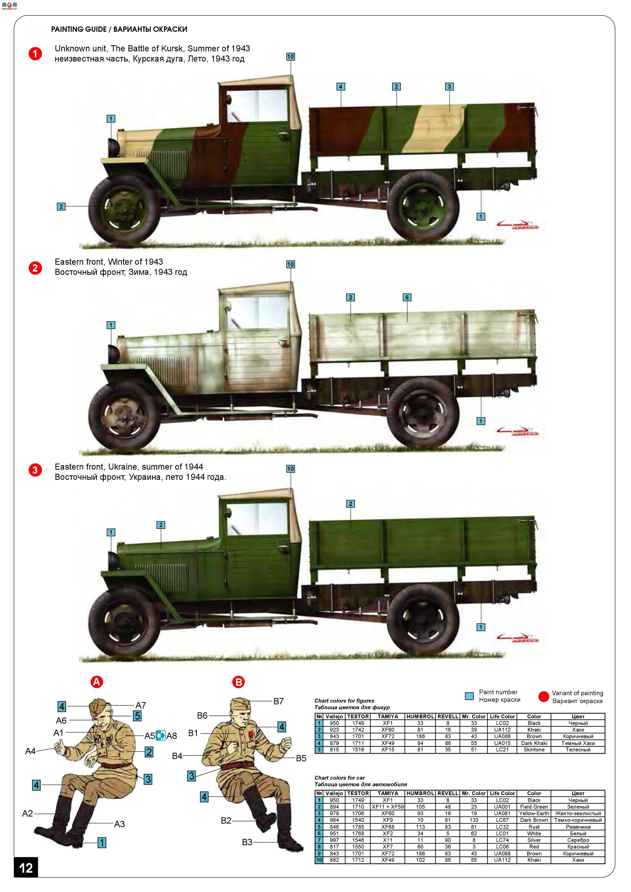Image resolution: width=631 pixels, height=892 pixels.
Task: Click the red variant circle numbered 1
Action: [35, 54]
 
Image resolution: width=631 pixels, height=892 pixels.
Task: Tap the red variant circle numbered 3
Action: [35, 470]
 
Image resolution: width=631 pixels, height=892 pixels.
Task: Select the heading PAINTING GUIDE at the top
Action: [79, 29]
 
